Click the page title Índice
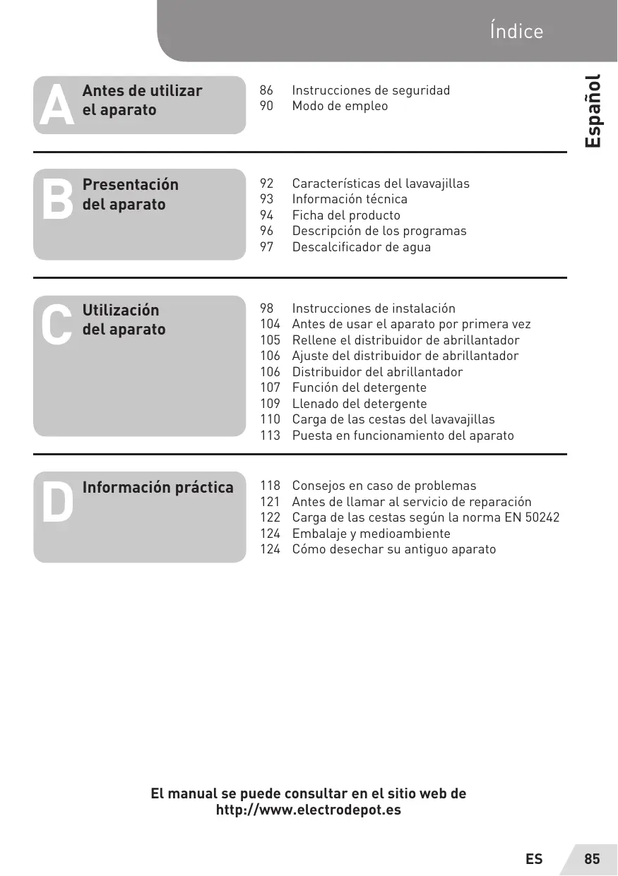pos(516,32)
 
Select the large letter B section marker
pos(57,200)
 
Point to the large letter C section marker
pos(57,325)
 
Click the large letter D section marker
pos(57,503)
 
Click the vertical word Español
pos(593,111)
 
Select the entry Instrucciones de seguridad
pos(371,90)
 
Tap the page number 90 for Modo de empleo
pos(267,106)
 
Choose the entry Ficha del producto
pos(346,215)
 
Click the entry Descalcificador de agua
pos(361,247)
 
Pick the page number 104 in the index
pos(270,324)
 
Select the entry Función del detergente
pos(359,388)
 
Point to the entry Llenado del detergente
pos(359,404)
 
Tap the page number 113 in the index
pos(270,436)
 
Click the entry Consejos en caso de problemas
pos(384,486)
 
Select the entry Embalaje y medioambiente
pos(371,534)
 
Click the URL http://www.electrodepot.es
pos(308,810)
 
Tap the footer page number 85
pos(592,859)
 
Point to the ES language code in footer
pos(534,859)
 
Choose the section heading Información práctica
pos(158,488)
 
